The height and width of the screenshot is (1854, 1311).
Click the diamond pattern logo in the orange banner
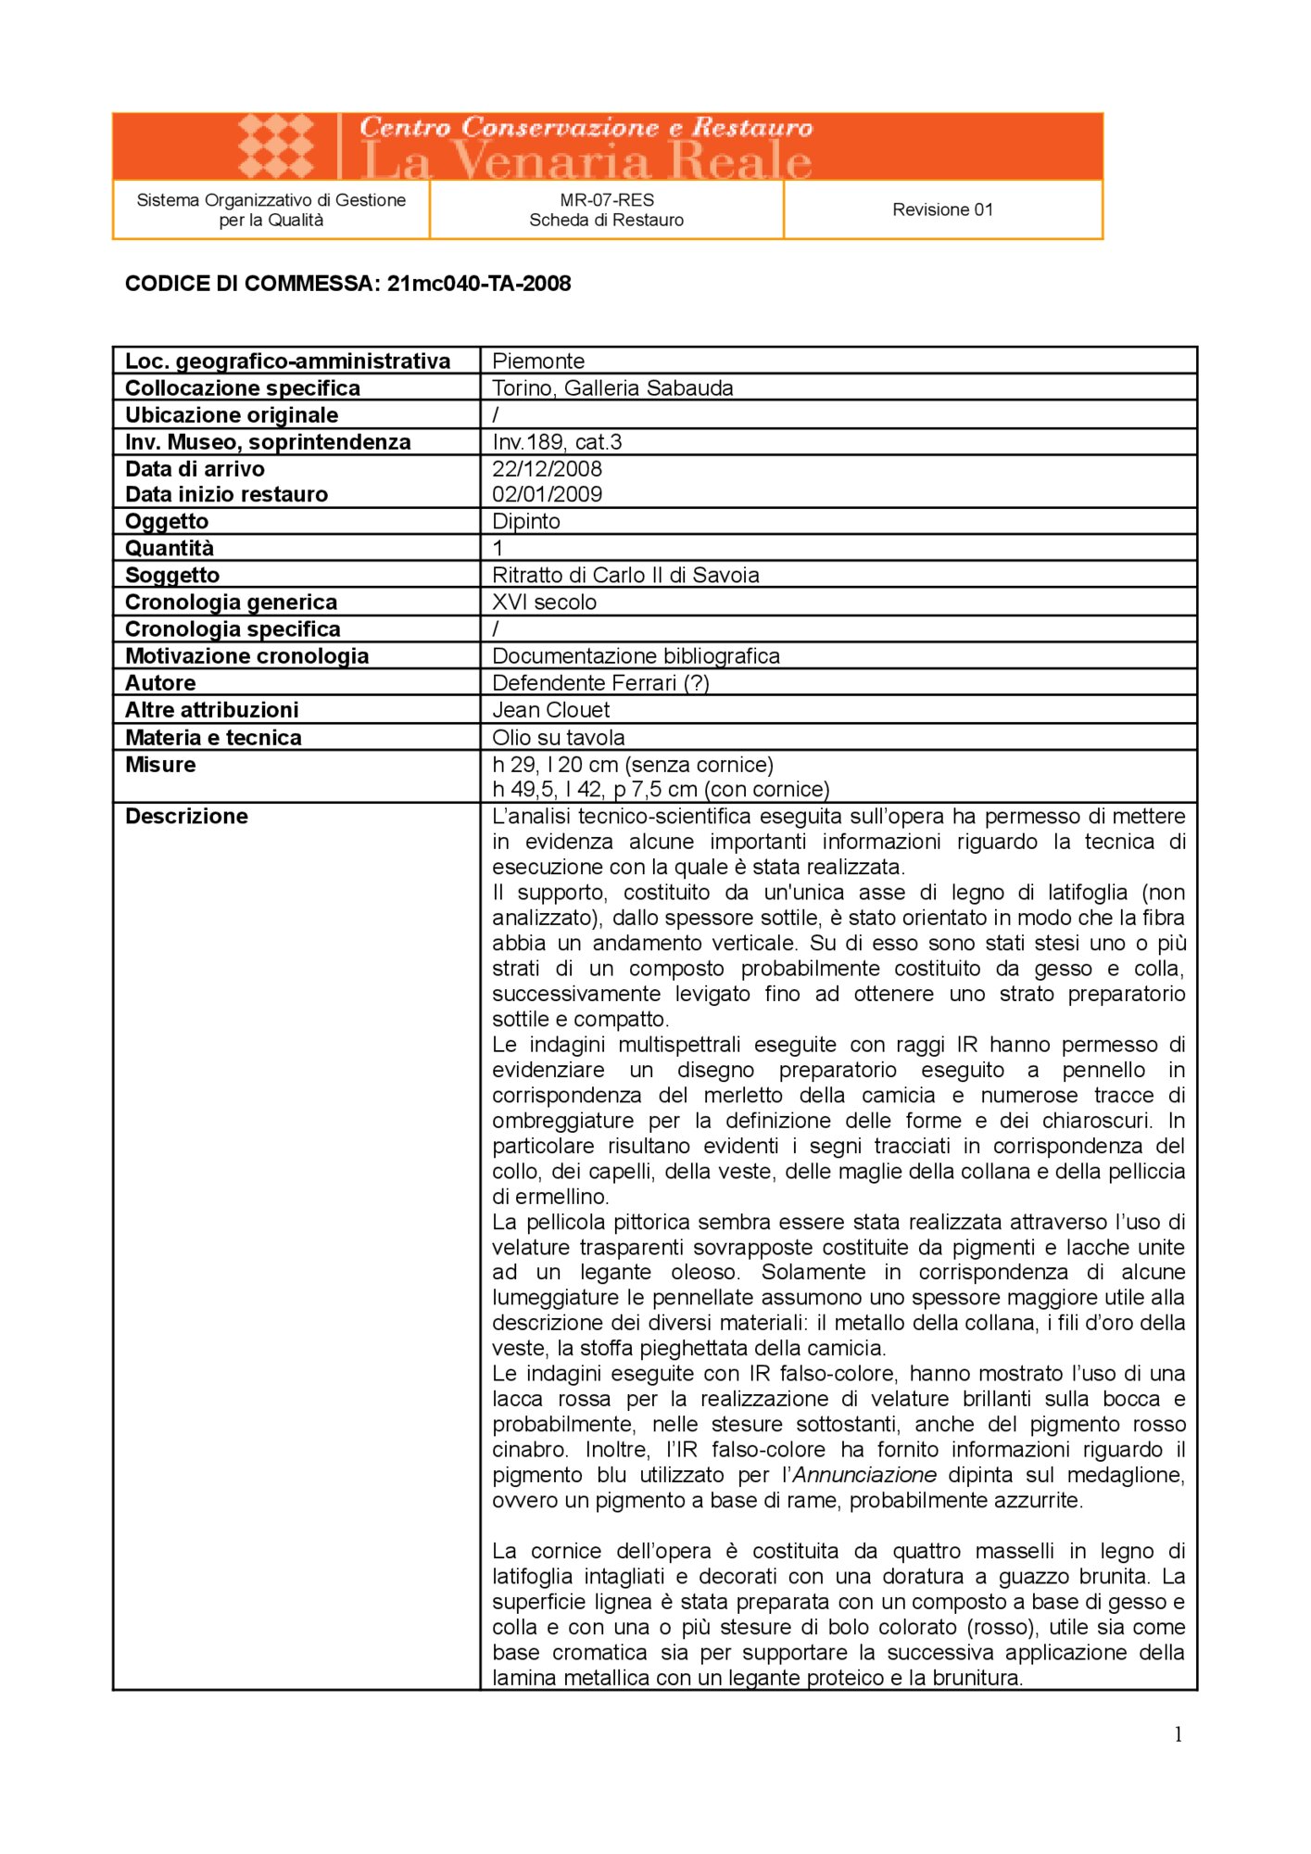click(276, 146)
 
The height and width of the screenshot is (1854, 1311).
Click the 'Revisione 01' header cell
click(942, 210)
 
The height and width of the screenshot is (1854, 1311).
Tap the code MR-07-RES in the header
click(607, 199)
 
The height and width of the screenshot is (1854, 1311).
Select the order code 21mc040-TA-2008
click(479, 284)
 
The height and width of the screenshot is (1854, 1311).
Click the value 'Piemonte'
click(538, 361)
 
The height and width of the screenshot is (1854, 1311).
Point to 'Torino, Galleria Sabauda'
click(612, 387)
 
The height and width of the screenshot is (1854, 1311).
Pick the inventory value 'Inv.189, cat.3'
click(557, 442)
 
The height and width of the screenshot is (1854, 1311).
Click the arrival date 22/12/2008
click(547, 469)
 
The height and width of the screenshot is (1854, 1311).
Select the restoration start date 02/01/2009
click(547, 494)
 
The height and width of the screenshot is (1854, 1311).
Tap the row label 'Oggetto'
click(167, 521)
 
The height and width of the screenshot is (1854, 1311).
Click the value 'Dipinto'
click(526, 521)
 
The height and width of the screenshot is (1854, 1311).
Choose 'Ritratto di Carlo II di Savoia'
click(625, 575)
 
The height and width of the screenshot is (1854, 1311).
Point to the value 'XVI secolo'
click(544, 602)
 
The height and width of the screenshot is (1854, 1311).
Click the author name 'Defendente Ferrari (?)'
click(600, 683)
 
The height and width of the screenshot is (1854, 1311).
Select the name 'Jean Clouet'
click(550, 710)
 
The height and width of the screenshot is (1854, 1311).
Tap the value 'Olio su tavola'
click(558, 737)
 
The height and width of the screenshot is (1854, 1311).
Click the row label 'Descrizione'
click(186, 817)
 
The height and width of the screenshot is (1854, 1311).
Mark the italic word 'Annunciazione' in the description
click(864, 1475)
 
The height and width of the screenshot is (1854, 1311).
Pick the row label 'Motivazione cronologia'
click(246, 656)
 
